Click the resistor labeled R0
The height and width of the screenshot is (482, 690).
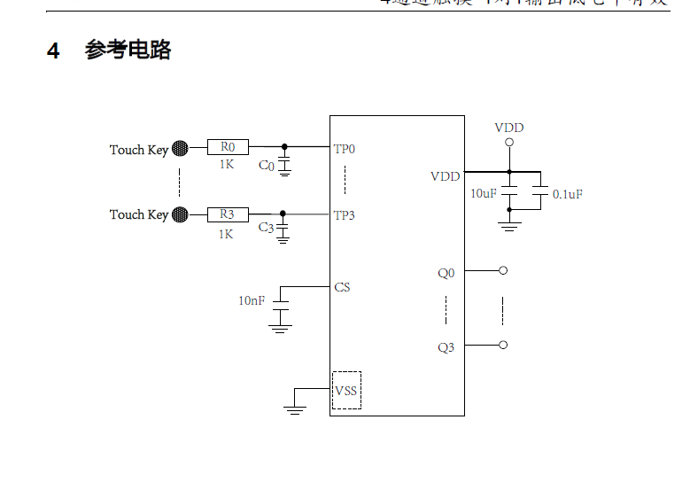click(x=228, y=147)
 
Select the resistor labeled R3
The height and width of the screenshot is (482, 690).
click(x=228, y=214)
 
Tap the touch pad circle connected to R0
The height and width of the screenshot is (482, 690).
click(x=180, y=148)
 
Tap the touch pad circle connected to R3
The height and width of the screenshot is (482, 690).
click(x=180, y=214)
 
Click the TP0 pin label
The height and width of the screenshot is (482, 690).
click(x=345, y=149)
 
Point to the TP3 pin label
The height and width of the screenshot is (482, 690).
click(x=345, y=215)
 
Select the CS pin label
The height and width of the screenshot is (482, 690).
click(x=342, y=287)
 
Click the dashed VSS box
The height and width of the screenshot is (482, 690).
click(x=346, y=390)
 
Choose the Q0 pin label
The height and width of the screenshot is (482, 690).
click(x=446, y=273)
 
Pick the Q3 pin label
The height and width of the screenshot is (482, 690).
click(x=446, y=347)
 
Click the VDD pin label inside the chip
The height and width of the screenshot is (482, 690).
click(x=445, y=176)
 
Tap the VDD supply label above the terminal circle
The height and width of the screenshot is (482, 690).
click(x=508, y=128)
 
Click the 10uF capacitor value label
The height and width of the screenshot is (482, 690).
click(x=483, y=193)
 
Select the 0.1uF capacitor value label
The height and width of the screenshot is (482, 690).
click(x=567, y=194)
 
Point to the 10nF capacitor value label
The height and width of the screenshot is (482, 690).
click(x=251, y=301)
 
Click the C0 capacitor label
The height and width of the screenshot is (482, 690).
click(x=266, y=166)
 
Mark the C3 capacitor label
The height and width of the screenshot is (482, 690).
click(x=266, y=228)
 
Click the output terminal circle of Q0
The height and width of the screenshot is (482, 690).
click(x=503, y=270)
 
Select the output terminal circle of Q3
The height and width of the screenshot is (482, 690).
click(x=503, y=345)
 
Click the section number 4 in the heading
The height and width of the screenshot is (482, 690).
click(x=53, y=51)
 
